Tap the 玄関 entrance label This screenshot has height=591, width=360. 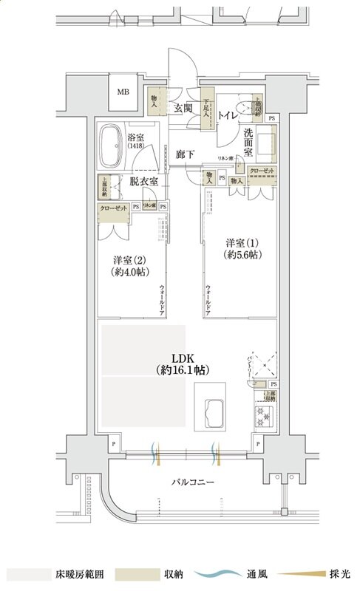tap(183, 109)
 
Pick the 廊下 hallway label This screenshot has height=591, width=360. tap(186, 155)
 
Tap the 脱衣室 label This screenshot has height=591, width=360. tap(143, 181)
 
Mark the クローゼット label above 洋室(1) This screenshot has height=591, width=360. tap(262, 171)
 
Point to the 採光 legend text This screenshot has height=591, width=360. tap(342, 574)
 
